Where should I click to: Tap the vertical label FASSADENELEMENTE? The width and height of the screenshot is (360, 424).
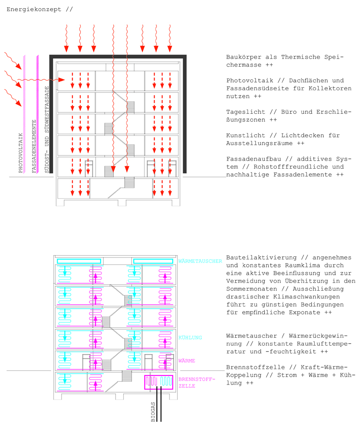coord(34,145)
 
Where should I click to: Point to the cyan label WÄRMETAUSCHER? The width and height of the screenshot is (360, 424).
coord(200,261)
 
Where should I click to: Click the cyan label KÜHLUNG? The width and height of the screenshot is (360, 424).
coord(190,338)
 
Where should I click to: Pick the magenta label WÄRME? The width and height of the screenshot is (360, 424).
coord(187,361)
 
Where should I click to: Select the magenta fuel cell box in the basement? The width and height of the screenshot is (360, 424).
coord(159,382)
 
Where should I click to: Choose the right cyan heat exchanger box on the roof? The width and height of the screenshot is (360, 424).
coord(153,261)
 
